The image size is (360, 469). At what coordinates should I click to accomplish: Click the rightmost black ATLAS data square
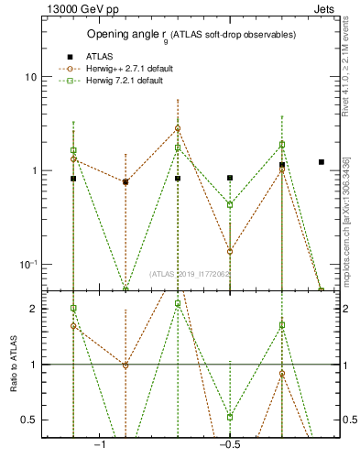coord(322,162)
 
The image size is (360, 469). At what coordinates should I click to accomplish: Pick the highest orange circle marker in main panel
coord(178,128)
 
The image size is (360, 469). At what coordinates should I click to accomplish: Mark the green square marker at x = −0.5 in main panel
coord(230,204)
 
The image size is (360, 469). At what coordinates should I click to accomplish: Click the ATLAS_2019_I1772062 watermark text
coord(190,274)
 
